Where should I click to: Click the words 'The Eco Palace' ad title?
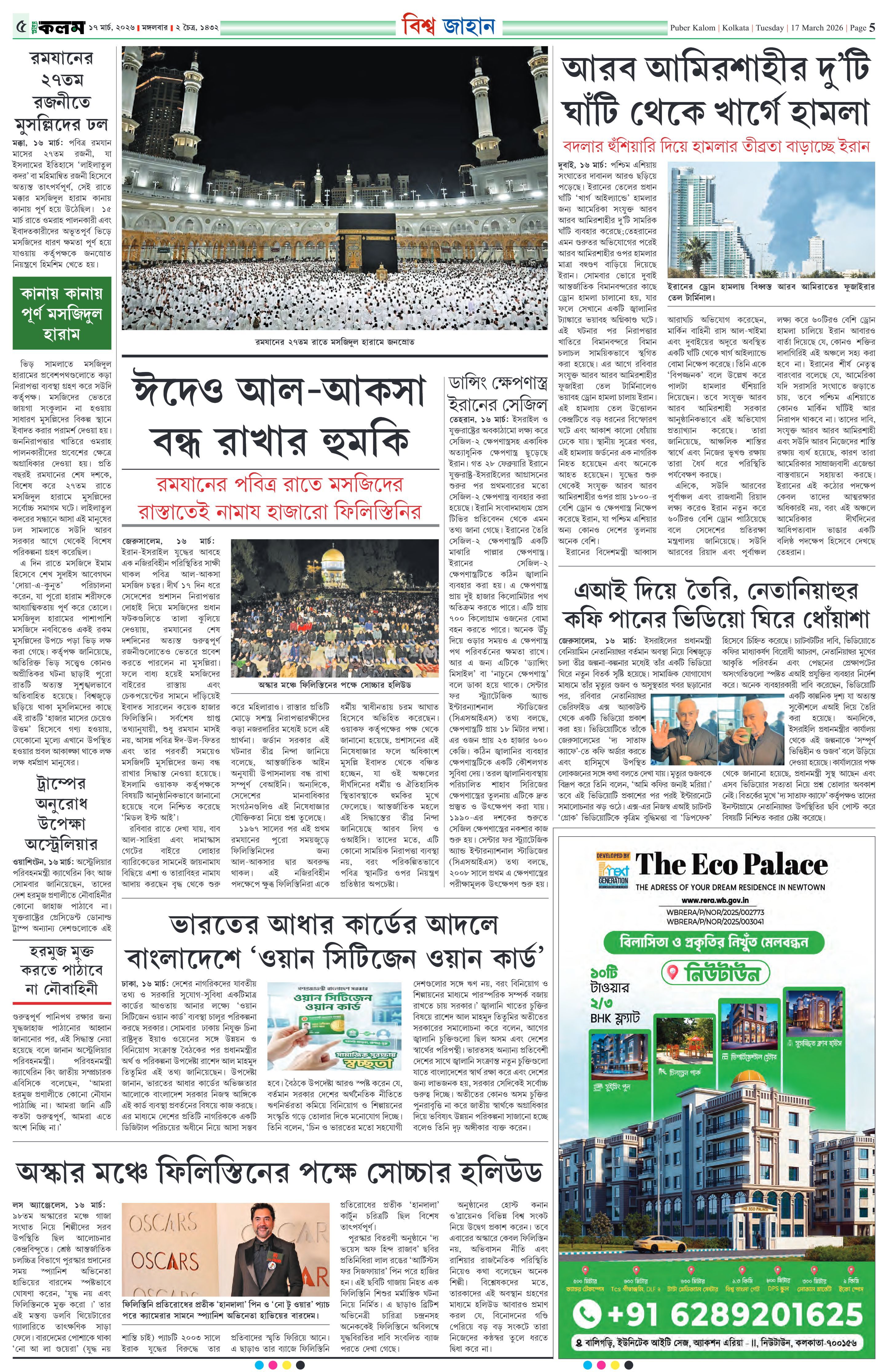pos(731,865)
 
